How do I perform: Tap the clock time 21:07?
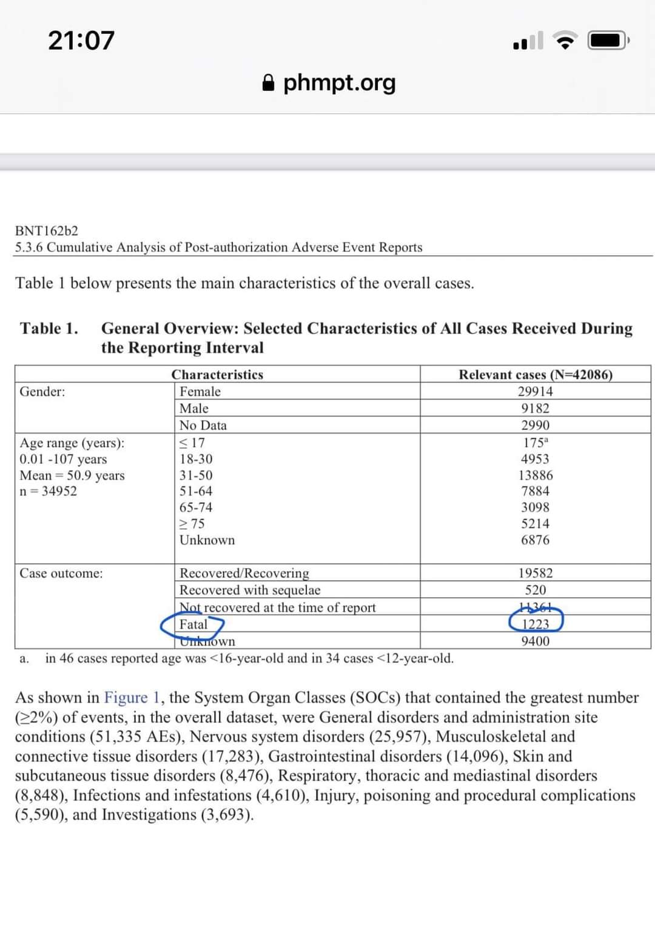tap(81, 41)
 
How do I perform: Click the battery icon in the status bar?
tap(608, 41)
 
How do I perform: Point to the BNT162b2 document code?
tap(47, 230)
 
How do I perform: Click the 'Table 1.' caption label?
tap(49, 329)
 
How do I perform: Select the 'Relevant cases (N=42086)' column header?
tap(535, 375)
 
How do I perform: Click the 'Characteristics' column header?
tap(217, 375)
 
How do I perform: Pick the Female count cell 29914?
tap(535, 392)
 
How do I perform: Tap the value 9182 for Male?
tap(535, 409)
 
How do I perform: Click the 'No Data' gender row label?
tap(203, 426)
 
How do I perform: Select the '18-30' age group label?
tap(196, 459)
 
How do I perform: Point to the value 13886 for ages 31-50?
tap(535, 475)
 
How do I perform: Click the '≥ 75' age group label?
tap(192, 524)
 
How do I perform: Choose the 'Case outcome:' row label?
tap(61, 574)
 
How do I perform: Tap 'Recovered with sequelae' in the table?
tap(250, 590)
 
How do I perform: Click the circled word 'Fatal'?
tap(193, 624)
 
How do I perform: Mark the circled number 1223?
tap(536, 624)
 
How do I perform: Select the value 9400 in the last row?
tap(535, 641)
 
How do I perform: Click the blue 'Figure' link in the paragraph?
tap(126, 698)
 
